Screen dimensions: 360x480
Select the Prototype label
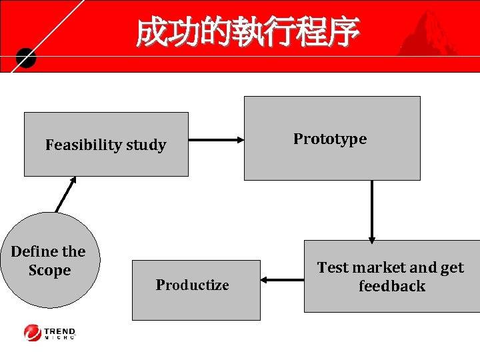(330, 139)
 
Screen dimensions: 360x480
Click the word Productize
(192, 285)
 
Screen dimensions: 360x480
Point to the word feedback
(391, 286)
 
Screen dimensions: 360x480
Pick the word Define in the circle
(34, 251)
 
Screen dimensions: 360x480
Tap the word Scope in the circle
(49, 270)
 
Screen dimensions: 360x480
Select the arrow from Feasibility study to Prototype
(216, 140)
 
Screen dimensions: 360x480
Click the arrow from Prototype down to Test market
(372, 210)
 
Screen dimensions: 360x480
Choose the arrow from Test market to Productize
(282, 280)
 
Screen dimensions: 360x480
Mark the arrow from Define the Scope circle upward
(65, 194)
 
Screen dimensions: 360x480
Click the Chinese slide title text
(247, 32)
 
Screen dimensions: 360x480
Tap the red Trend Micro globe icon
(32, 331)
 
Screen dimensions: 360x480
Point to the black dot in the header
(25, 59)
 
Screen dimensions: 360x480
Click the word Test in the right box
(333, 267)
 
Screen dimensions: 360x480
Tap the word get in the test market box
(451, 267)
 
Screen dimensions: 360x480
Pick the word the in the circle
(73, 251)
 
